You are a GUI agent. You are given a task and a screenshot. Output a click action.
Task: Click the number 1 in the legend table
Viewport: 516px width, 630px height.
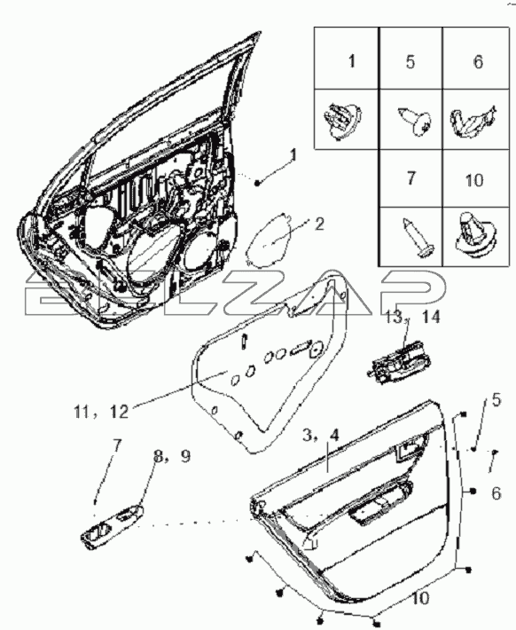click(x=352, y=61)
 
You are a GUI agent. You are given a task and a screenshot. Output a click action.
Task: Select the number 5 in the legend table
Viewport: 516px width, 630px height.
click(x=410, y=62)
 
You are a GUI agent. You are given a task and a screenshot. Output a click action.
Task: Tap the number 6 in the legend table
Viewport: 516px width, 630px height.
click(x=478, y=62)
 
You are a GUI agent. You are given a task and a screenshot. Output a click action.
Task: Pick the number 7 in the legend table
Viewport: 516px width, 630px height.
click(x=410, y=178)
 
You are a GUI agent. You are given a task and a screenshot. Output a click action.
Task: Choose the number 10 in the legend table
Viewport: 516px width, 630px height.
click(x=473, y=180)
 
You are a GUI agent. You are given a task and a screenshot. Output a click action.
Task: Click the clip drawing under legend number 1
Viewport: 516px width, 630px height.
click(x=342, y=120)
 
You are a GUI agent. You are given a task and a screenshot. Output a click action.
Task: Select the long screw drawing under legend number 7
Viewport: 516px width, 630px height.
click(x=418, y=237)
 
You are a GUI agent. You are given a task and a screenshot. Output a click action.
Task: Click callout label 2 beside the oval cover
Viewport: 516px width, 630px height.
click(x=319, y=224)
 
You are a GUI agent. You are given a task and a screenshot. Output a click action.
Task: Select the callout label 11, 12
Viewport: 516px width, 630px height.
click(x=101, y=411)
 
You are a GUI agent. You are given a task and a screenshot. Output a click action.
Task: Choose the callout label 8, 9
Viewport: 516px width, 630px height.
click(x=172, y=456)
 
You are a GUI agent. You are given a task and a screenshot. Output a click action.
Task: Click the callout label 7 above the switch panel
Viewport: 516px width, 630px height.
click(x=116, y=446)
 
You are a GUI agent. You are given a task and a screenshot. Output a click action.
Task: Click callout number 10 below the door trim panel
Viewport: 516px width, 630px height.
click(x=420, y=598)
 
